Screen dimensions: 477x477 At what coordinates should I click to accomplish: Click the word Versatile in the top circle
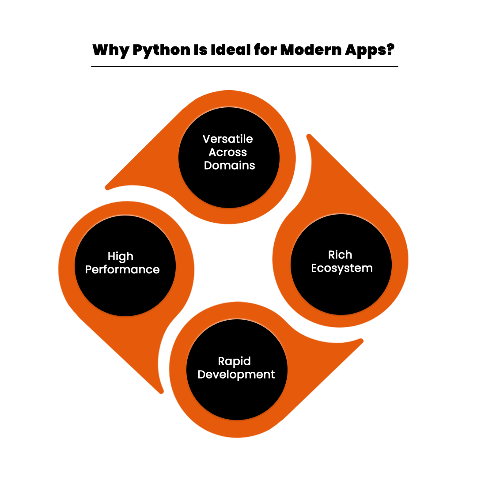tap(227, 139)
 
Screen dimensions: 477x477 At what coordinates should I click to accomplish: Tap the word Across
tap(227, 152)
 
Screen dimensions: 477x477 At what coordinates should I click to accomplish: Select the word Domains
tap(229, 166)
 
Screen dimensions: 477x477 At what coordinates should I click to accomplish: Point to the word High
tap(120, 257)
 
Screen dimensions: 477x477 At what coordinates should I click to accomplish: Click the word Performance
tap(122, 269)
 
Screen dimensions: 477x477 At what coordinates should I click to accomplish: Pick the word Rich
tap(340, 255)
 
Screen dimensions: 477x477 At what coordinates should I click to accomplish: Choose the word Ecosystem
tap(342, 268)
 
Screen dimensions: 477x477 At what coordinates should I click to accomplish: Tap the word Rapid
tap(234, 361)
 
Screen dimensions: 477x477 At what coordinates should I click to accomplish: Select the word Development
tap(236, 375)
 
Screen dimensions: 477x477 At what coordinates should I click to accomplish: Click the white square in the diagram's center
tap(233, 263)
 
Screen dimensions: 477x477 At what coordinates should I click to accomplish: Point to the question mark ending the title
tap(389, 51)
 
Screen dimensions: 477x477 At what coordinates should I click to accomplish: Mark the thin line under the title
tap(244, 67)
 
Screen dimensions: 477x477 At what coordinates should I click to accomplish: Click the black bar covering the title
tap(238, 51)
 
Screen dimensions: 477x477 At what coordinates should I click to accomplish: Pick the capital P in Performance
tap(88, 269)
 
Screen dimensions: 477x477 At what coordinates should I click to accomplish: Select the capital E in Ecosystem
tap(314, 268)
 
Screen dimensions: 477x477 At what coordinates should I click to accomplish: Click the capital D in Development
tap(201, 375)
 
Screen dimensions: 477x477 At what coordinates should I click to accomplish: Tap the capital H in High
tap(111, 257)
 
